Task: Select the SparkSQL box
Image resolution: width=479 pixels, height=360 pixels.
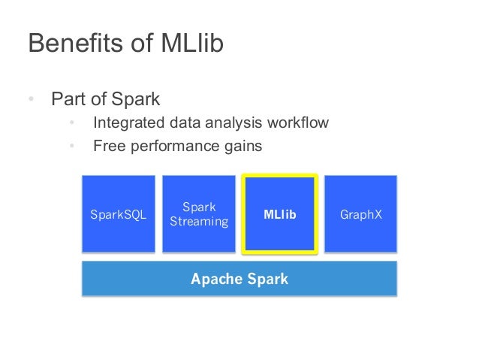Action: (118, 215)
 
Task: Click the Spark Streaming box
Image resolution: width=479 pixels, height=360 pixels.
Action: (199, 215)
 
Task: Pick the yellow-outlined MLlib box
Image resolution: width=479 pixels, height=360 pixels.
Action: (280, 215)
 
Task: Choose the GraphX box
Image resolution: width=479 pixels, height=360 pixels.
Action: (361, 215)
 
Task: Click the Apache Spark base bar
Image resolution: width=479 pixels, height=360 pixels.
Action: (239, 279)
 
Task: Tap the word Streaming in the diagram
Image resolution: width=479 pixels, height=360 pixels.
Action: (199, 222)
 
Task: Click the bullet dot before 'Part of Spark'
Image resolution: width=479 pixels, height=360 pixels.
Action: (31, 99)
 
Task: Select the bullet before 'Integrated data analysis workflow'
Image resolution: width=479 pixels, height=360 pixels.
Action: (72, 123)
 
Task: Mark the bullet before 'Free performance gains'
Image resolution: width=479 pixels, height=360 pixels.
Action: (72, 147)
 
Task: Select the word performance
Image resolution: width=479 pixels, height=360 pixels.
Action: (175, 147)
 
